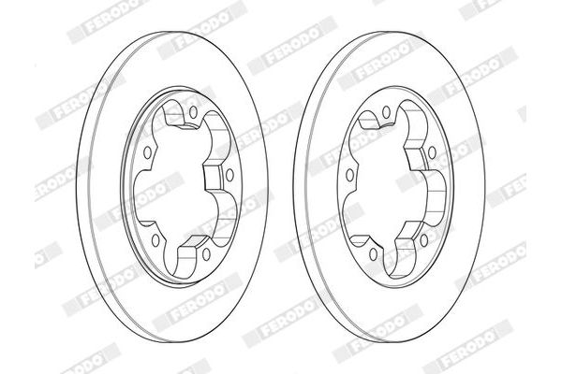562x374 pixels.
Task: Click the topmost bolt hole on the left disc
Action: pos(193,112)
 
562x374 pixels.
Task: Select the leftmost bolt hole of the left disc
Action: pos(147,152)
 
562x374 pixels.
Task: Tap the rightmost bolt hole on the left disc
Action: pos(229,175)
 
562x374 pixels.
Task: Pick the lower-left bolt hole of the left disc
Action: pos(155,240)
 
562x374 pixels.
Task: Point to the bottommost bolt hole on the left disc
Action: pos(206,253)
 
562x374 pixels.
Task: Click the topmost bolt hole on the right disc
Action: pos(386,112)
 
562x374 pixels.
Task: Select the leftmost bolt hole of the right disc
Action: pos(349,175)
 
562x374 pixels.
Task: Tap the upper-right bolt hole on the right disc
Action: pos(432,152)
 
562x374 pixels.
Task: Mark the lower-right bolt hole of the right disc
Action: pos(424,240)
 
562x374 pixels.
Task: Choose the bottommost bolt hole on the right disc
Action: pos(373,253)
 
